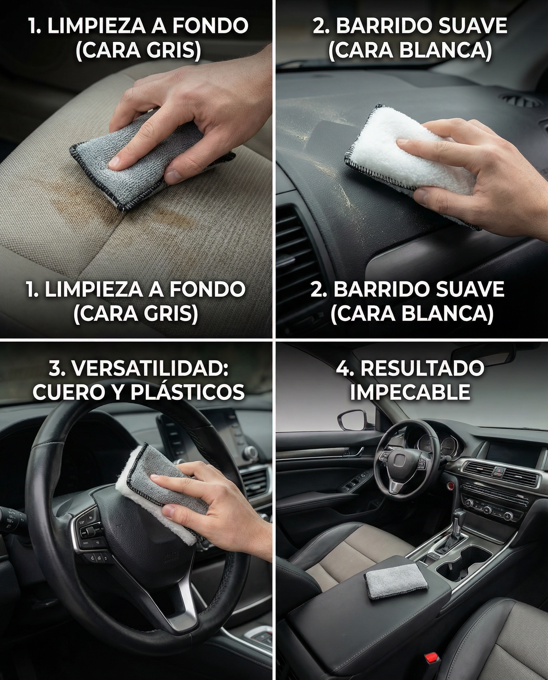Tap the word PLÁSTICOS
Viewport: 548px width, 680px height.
[187, 392]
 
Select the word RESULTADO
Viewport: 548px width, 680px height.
[422, 369]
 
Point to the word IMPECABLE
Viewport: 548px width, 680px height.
[410, 392]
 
